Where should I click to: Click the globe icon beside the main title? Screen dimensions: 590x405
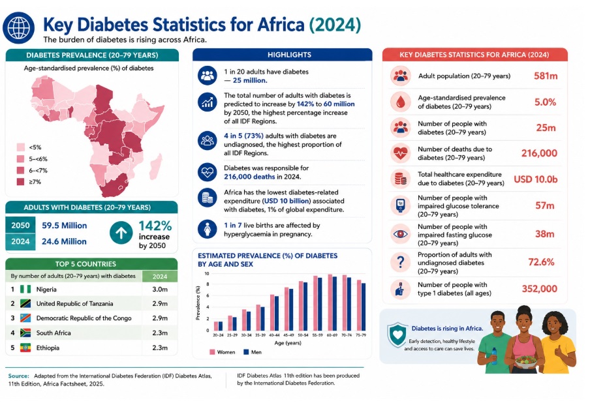(18, 28)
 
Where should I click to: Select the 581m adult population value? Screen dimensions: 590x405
(546, 76)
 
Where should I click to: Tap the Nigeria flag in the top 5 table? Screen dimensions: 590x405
(25, 289)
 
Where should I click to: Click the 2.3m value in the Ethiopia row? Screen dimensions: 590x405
(160, 348)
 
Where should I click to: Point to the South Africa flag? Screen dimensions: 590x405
(25, 333)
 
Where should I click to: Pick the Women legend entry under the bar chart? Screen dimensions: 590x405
(222, 352)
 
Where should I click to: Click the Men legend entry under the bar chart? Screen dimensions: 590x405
(253, 352)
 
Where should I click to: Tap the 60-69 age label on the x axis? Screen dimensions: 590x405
(332, 335)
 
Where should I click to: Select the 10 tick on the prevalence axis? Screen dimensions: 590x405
(207, 273)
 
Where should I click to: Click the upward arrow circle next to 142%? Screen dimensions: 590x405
(121, 233)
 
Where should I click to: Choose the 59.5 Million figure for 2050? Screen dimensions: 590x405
(65, 226)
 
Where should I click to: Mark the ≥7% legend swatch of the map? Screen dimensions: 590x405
(20, 182)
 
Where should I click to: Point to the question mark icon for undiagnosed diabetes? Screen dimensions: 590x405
(400, 262)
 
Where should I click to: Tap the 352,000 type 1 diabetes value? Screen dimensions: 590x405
(539, 289)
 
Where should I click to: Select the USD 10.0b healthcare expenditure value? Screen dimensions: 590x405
(535, 179)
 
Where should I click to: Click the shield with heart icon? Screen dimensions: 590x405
(397, 334)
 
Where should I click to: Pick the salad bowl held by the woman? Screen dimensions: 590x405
(526, 362)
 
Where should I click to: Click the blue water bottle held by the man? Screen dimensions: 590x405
(494, 356)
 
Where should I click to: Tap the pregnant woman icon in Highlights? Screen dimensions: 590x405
(208, 229)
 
